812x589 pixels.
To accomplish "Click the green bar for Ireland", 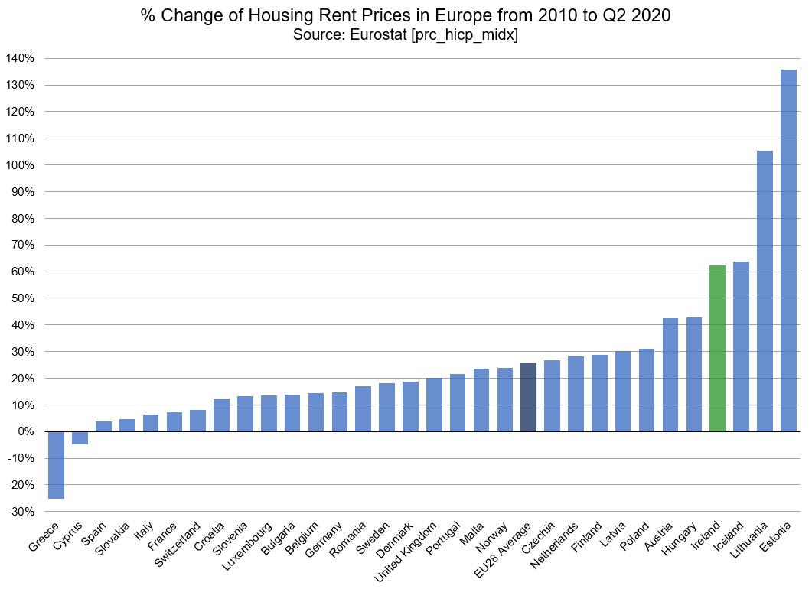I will [x=717, y=349].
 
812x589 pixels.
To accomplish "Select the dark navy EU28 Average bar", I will [x=528, y=397].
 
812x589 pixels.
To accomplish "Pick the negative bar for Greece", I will [x=56, y=465].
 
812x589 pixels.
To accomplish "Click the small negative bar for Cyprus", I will [x=80, y=438].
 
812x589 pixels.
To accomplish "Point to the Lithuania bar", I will [x=765, y=291].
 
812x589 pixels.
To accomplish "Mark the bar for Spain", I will [x=103, y=427].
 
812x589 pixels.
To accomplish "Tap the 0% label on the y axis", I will [x=25, y=432].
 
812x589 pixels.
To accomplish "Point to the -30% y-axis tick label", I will [x=19, y=512].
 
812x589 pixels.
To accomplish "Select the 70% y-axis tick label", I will [x=22, y=246].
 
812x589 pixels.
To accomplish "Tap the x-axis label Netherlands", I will [x=556, y=547].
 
